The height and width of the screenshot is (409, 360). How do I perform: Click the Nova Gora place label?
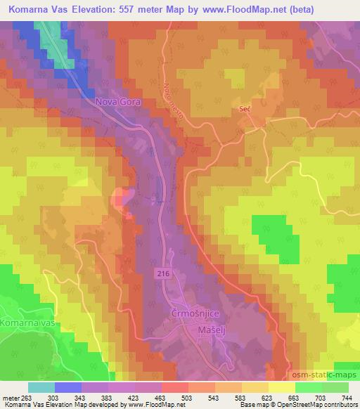point(118,102)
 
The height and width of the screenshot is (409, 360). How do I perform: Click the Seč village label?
point(244,109)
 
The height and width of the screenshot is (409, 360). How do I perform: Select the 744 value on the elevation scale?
point(347,397)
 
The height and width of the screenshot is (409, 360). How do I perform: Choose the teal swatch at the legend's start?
point(41,387)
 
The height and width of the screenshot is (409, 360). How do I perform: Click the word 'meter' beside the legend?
point(10,397)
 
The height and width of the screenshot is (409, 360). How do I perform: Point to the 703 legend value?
point(321,397)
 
